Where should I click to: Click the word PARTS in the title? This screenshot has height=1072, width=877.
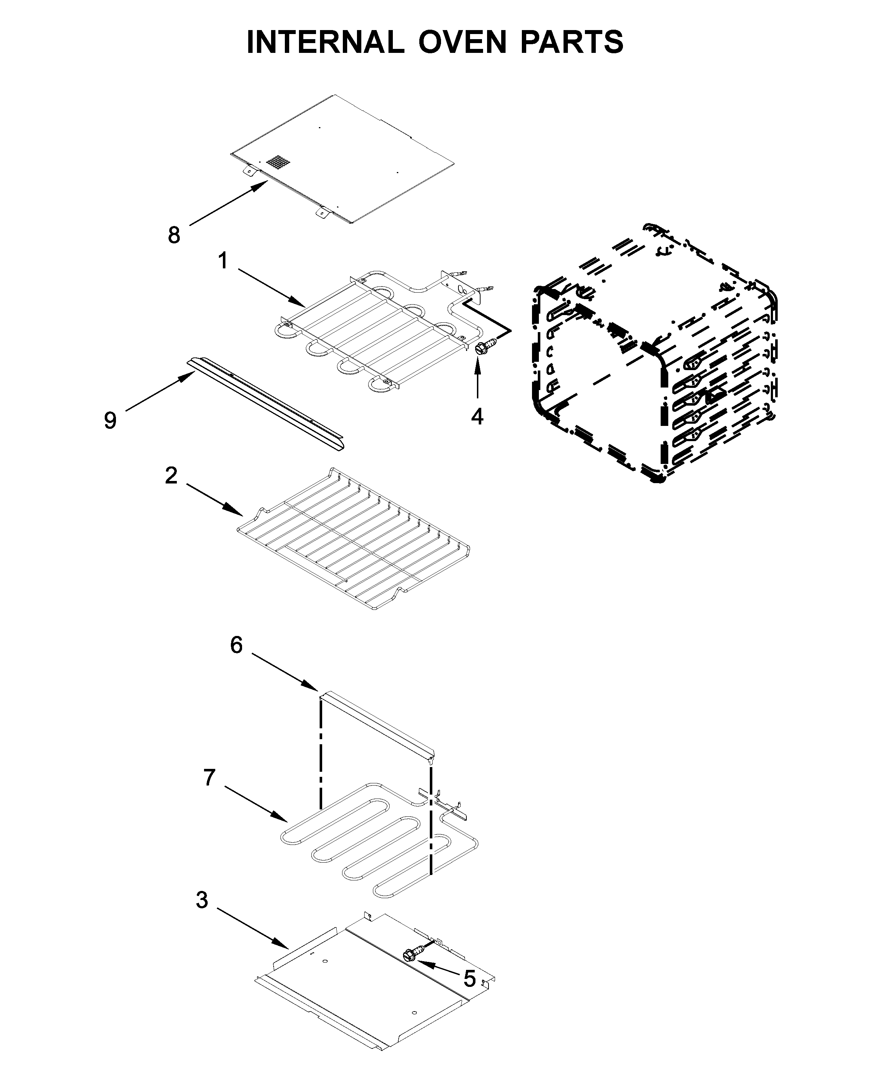coord(571,42)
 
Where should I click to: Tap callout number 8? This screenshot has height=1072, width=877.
coord(174,235)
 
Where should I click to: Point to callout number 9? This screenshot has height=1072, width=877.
coord(110,420)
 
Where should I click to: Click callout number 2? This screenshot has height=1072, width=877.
coord(171,476)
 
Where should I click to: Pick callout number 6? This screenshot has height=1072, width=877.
coord(236,645)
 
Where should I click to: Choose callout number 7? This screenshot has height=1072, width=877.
coord(209,778)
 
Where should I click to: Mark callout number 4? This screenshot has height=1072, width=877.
coord(477,416)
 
